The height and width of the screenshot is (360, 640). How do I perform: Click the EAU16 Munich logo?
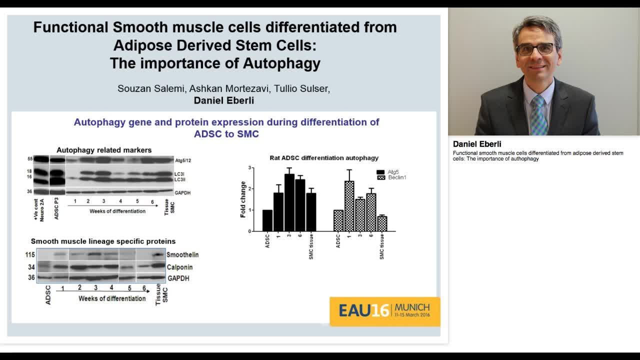[384, 311]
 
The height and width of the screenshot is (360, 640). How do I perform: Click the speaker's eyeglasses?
[535, 49]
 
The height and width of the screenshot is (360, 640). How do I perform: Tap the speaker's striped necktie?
[539, 115]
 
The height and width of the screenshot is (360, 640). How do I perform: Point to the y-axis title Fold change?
[243, 199]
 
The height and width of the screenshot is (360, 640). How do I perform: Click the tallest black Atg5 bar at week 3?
[289, 202]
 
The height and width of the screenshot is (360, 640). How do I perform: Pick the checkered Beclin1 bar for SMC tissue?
[382, 223]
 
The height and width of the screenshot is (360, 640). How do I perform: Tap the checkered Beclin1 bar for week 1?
[349, 206]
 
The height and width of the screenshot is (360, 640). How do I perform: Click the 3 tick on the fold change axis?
[256, 168]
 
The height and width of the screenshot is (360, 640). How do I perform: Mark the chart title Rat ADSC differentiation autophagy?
[324, 158]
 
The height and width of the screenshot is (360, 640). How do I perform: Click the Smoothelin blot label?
[182, 255]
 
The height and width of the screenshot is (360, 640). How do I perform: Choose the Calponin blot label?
[179, 267]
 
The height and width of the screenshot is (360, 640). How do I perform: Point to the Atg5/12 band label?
[183, 160]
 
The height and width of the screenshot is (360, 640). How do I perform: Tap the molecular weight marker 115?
[30, 255]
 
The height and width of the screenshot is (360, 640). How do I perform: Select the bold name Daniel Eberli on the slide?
[223, 100]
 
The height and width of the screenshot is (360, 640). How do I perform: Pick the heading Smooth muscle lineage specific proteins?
[103, 241]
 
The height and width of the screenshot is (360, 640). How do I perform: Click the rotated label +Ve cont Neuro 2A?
[38, 209]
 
